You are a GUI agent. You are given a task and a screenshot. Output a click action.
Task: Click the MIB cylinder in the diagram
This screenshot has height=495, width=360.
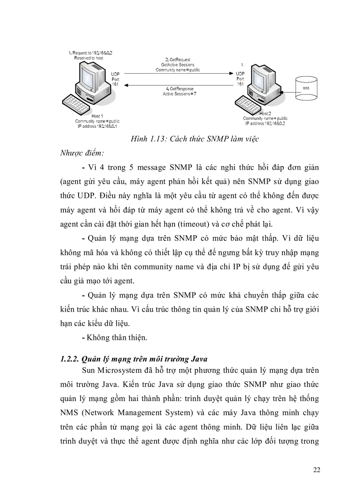coord(306,88)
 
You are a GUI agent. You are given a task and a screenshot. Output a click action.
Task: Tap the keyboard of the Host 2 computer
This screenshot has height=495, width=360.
coord(250,105)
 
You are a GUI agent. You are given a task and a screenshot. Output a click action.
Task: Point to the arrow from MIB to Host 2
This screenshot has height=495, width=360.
coord(287,92)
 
